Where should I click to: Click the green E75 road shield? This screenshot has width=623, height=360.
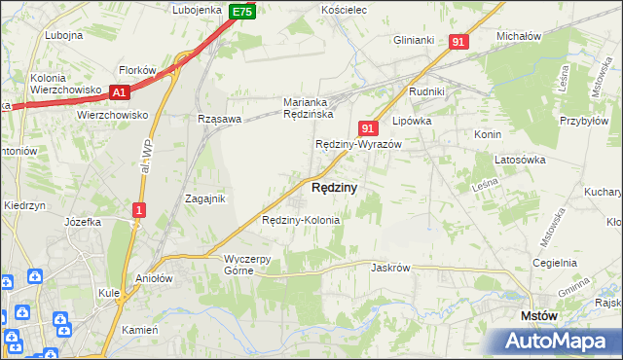(x=243, y=12)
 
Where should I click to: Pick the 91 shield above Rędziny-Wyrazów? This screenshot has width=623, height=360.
(x=367, y=127)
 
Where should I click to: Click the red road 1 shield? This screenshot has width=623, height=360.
(x=140, y=210)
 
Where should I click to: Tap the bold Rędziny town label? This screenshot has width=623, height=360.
(x=334, y=186)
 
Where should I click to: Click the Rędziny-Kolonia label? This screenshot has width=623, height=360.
(x=302, y=220)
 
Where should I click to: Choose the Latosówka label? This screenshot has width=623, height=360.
(x=519, y=159)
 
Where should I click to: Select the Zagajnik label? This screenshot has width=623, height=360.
(x=205, y=198)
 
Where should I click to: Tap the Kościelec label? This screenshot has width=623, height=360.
(x=343, y=10)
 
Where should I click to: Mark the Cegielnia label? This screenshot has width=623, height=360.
(x=555, y=263)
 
